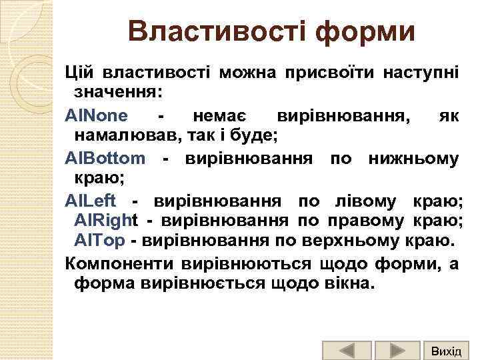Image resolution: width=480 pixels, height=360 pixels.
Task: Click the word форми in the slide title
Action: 360,31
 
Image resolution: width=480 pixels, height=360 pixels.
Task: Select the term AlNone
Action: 97,116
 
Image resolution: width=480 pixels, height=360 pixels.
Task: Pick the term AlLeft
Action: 91,201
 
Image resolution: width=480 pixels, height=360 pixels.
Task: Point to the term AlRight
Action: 107,221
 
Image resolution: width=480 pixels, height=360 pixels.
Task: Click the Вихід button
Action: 446,350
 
